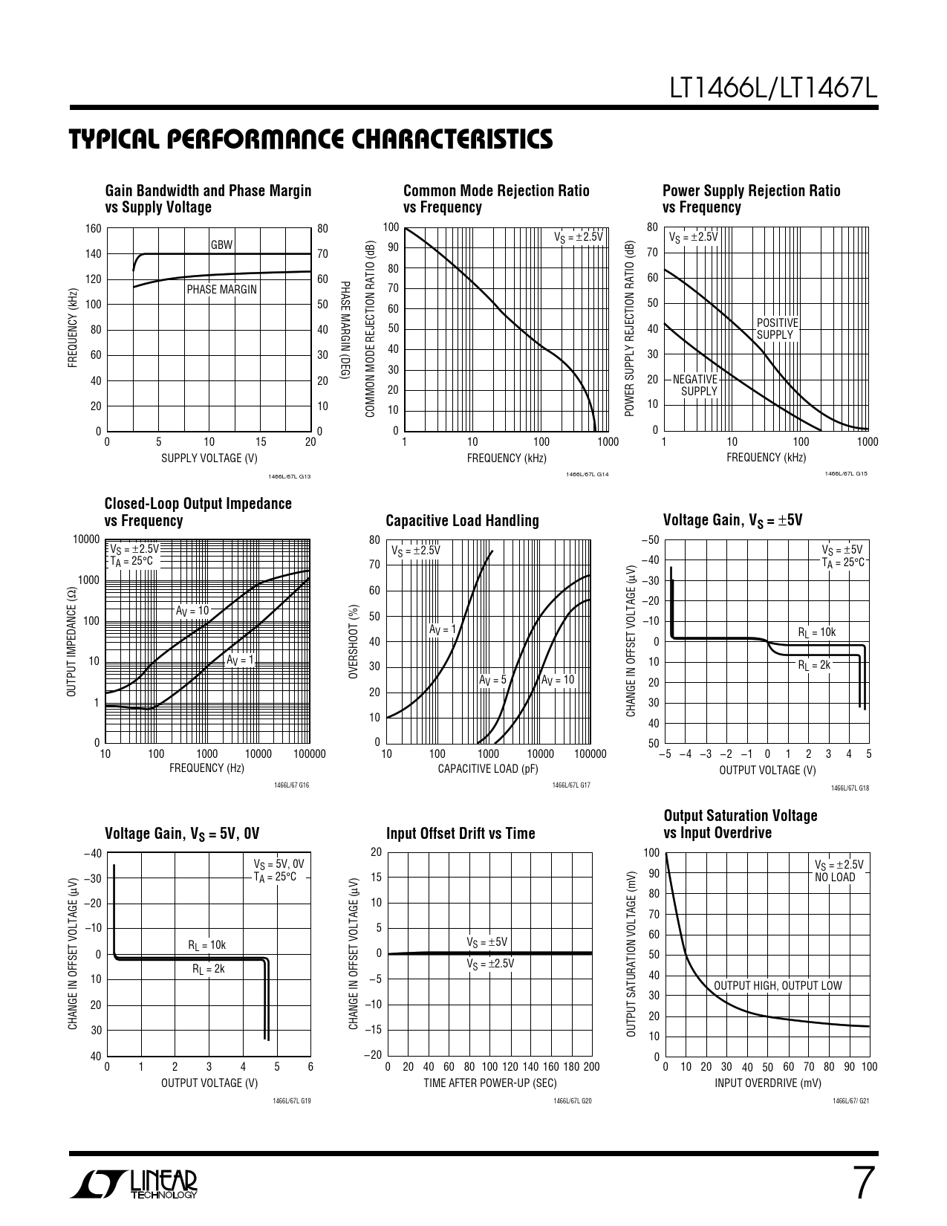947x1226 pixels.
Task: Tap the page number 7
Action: click(x=862, y=1184)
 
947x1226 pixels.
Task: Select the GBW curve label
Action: click(x=221, y=244)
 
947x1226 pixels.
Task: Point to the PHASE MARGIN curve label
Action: click(x=221, y=289)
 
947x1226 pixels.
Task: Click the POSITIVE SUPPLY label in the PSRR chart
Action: click(x=777, y=328)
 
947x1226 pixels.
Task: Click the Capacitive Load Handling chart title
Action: click(x=462, y=520)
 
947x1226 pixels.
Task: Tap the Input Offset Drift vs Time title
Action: click(x=461, y=833)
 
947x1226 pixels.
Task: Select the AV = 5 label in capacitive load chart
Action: click(x=492, y=680)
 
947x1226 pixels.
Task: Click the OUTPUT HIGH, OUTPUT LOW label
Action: click(x=778, y=985)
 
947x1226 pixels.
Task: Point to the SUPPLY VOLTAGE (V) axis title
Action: click(x=209, y=458)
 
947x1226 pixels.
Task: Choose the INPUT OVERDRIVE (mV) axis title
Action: click(x=768, y=1083)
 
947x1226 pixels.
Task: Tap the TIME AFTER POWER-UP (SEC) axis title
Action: click(x=490, y=1083)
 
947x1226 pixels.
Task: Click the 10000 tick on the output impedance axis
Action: click(x=86, y=539)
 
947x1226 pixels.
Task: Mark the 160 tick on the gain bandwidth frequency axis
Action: click(x=93, y=228)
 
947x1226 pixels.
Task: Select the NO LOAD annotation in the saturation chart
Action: click(x=835, y=877)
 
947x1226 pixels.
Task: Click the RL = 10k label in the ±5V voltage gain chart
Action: click(x=817, y=632)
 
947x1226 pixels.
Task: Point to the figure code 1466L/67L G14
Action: click(x=587, y=475)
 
